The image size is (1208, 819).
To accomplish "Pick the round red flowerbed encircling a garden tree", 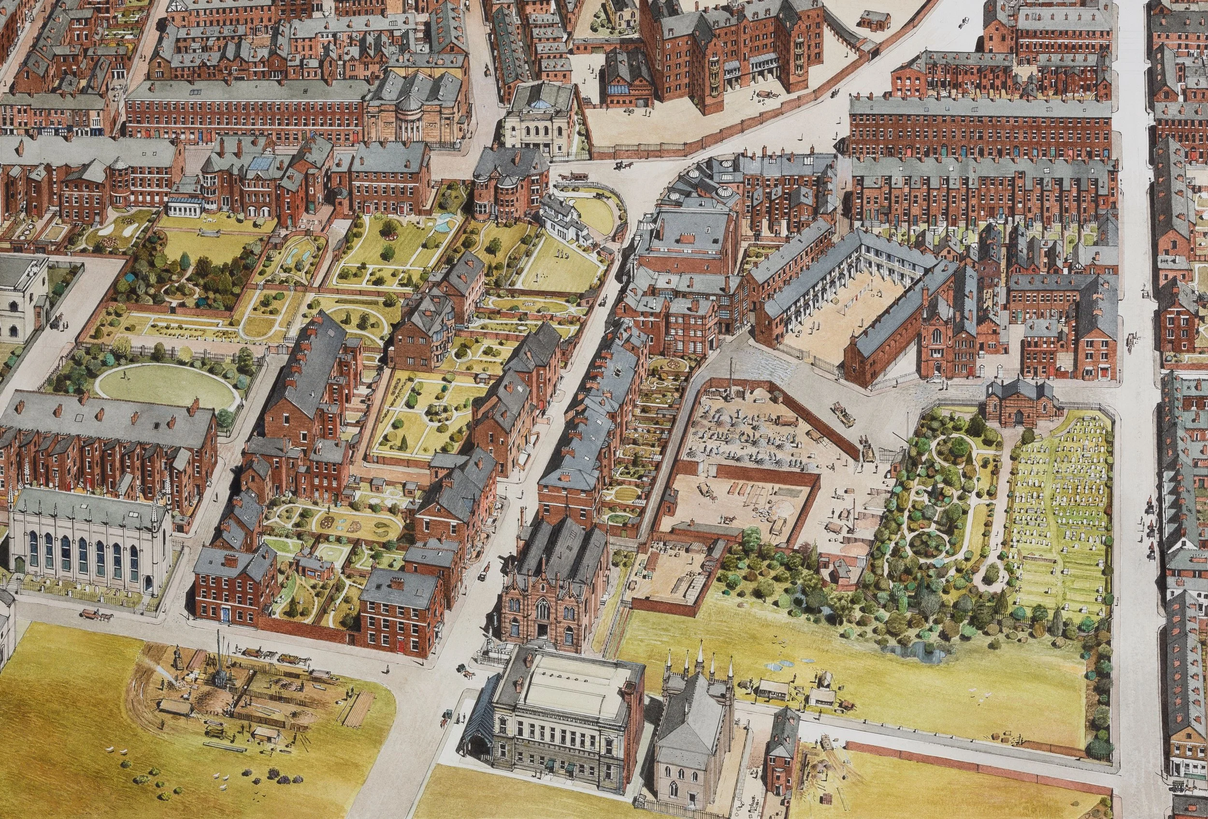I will [389, 234].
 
